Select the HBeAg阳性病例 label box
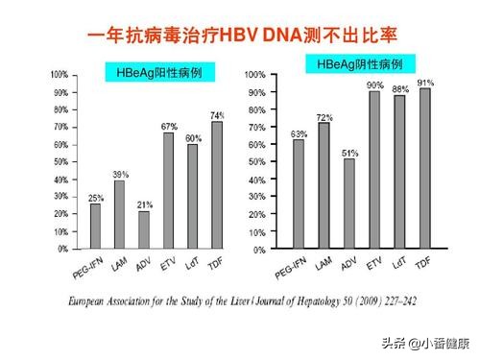click(x=159, y=72)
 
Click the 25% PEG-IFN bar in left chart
click(x=95, y=226)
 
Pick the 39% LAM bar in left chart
click(x=119, y=214)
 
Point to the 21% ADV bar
click(x=143, y=229)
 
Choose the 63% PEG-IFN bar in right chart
click(x=298, y=193)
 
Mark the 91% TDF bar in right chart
click(x=425, y=168)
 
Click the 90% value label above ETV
click(x=374, y=84)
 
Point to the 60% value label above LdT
click(x=193, y=137)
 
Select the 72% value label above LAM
click(x=324, y=116)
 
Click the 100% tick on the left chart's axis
click(x=59, y=74)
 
